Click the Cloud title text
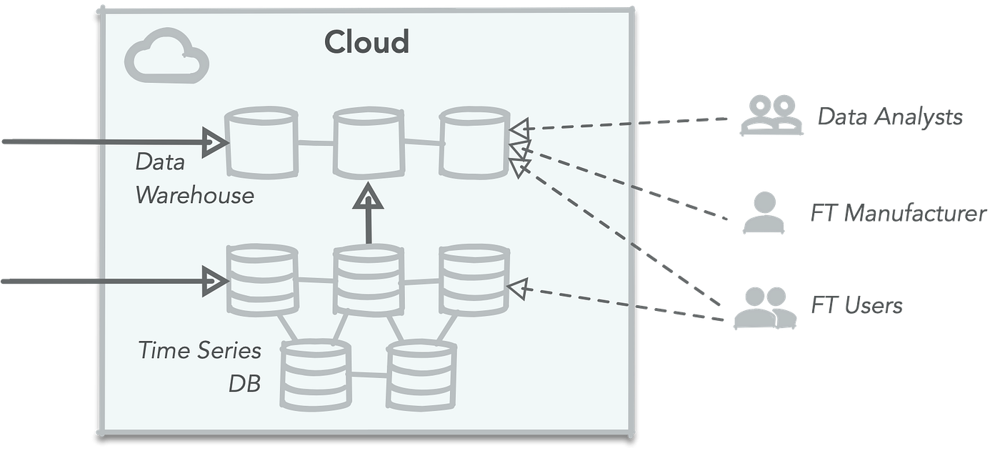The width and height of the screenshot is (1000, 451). [366, 42]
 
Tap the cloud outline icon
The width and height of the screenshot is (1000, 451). [166, 56]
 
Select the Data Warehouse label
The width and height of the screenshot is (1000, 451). [194, 179]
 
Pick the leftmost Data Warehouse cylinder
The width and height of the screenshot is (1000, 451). [261, 143]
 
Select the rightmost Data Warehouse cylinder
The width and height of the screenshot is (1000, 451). [474, 143]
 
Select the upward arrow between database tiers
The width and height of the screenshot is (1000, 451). [368, 214]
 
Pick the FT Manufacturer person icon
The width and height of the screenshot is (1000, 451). [763, 213]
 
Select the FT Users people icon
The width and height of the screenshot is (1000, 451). [766, 307]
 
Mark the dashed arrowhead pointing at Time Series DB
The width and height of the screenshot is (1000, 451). [517, 289]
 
